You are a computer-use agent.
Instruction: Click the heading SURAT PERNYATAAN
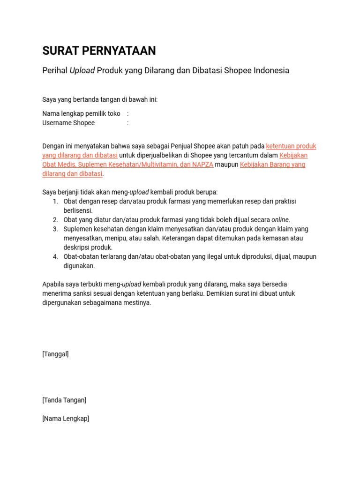(x=99, y=51)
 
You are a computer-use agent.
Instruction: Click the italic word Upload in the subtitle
(x=82, y=70)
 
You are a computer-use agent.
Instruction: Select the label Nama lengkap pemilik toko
(x=81, y=113)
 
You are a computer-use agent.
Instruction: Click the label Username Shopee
(x=68, y=123)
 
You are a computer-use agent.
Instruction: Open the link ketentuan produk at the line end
(x=291, y=146)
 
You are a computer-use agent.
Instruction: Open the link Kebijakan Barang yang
(x=272, y=165)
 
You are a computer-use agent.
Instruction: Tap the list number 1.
(x=55, y=202)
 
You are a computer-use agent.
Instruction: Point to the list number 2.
(x=55, y=220)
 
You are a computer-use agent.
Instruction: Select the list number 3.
(x=55, y=229)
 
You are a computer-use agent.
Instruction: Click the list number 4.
(x=55, y=256)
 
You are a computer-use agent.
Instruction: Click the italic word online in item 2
(x=280, y=220)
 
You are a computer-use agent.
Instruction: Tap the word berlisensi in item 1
(x=78, y=210)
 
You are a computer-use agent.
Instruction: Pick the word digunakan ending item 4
(x=79, y=266)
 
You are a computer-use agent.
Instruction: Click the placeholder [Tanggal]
(x=55, y=354)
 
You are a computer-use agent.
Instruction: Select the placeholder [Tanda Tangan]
(x=64, y=400)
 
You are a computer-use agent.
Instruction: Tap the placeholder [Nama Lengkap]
(x=66, y=419)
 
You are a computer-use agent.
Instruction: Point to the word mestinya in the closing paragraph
(x=138, y=302)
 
